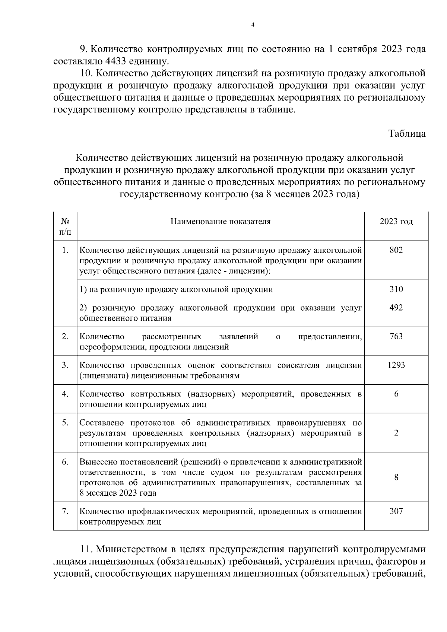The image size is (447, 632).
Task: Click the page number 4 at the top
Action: [x=253, y=25]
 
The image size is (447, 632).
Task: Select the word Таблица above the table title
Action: [x=407, y=133]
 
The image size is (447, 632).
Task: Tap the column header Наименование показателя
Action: [x=221, y=222]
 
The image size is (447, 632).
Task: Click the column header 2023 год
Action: [x=396, y=222]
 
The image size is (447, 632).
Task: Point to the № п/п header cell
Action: [x=65, y=226]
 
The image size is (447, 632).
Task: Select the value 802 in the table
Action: [x=396, y=250]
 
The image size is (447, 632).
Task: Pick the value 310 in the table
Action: [x=396, y=289]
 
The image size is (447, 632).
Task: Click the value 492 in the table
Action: [x=396, y=308]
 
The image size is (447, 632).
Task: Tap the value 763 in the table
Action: [x=396, y=337]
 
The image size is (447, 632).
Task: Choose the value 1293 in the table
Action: [x=396, y=365]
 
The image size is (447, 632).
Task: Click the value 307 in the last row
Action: [x=396, y=512]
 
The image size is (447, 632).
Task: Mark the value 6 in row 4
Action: [x=396, y=394]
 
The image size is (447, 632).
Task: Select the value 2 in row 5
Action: [x=396, y=433]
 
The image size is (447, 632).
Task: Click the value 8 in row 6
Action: [x=396, y=477]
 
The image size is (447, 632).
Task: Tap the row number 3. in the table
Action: [x=65, y=365]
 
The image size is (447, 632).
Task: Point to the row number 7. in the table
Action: [x=65, y=512]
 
